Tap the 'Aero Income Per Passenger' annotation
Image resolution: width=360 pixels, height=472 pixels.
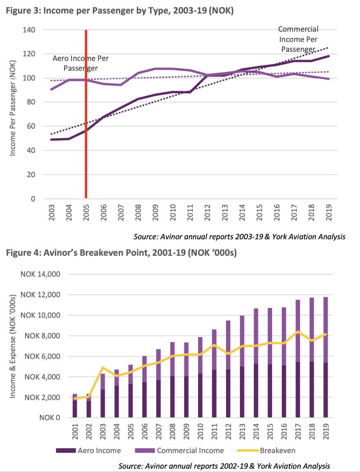pos(81,63)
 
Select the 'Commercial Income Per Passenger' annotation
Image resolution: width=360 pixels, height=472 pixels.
pos(298,39)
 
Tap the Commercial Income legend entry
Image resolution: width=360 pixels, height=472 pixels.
pos(185,451)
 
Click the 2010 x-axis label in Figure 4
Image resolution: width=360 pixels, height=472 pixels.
pos(201,432)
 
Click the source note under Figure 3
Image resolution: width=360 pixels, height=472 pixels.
pos(239,236)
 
